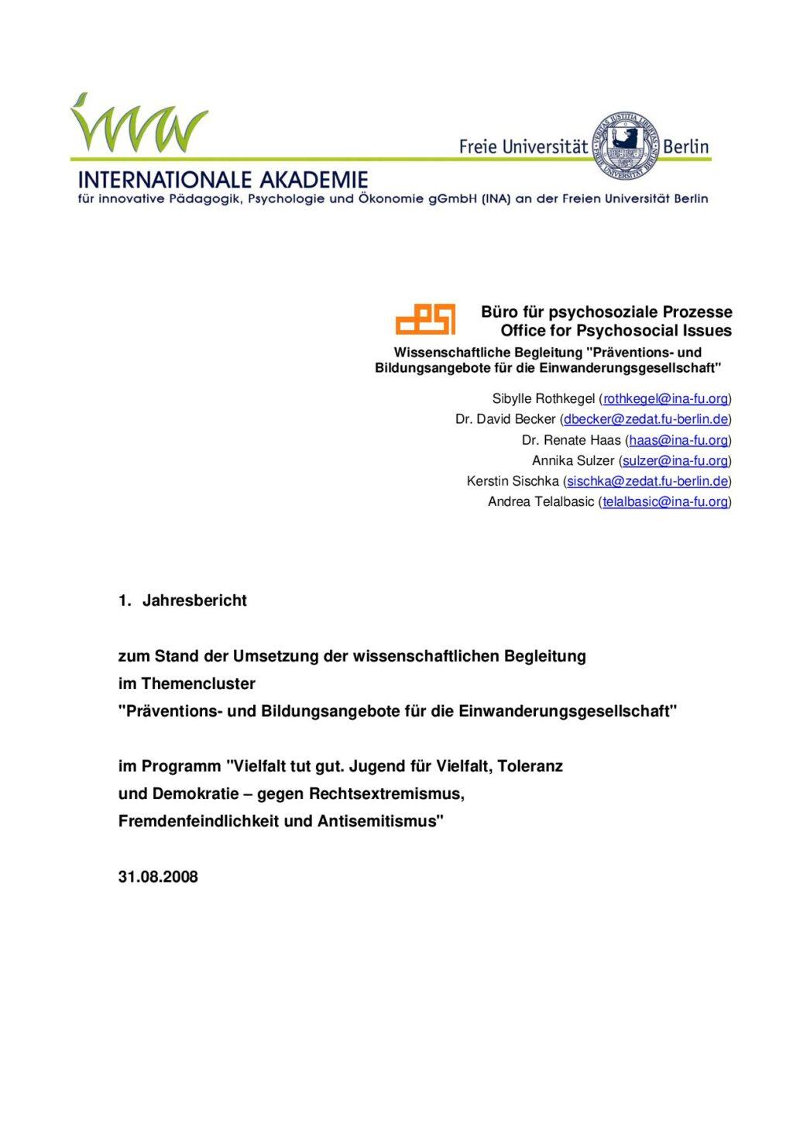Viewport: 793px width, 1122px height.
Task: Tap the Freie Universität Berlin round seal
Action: coord(625,145)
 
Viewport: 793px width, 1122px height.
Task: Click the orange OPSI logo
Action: coord(425,318)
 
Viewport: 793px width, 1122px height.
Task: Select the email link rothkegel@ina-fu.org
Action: coord(665,399)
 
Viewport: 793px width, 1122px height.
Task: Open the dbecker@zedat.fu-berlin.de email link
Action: coord(646,419)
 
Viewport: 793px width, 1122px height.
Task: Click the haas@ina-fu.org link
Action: coord(678,440)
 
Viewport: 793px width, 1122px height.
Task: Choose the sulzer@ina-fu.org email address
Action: coord(675,460)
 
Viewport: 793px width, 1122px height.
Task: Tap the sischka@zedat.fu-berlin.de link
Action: coord(647,481)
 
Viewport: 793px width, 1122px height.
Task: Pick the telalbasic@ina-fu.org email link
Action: coord(665,501)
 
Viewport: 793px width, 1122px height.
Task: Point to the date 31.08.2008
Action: coord(158,877)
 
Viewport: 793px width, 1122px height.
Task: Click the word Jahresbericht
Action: coord(194,601)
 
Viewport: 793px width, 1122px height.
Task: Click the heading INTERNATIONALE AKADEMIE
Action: coord(223,181)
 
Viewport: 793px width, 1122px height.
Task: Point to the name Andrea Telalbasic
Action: coord(541,501)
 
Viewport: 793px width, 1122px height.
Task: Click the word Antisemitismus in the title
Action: coord(379,821)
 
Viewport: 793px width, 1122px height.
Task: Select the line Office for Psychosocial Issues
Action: coord(616,331)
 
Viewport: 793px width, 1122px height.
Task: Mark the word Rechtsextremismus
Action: coord(386,794)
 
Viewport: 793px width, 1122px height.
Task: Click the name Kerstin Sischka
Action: coord(513,481)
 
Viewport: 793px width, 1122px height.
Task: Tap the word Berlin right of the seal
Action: coord(686,146)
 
